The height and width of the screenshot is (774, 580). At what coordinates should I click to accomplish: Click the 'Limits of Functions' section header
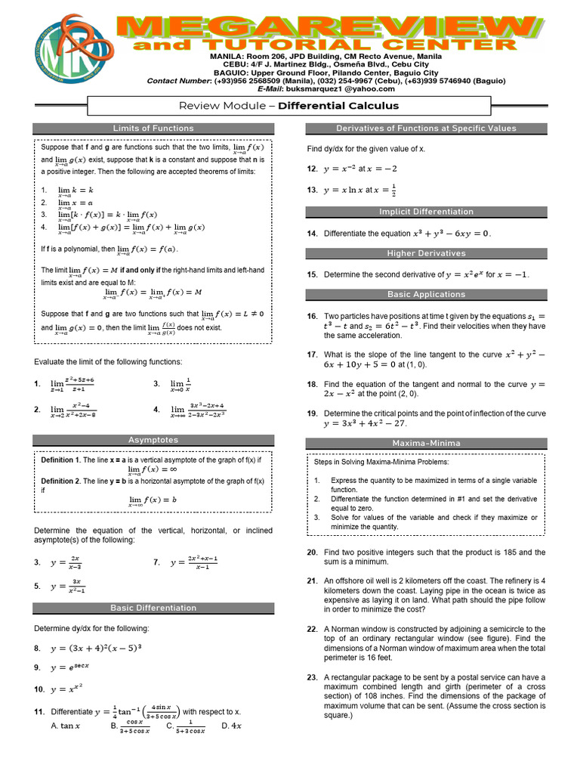[x=153, y=128]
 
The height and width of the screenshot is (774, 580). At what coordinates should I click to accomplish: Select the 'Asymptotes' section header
[x=153, y=440]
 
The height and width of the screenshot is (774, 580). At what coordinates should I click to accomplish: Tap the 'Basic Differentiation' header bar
[x=153, y=608]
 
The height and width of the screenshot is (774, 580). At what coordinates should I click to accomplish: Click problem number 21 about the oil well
[x=312, y=580]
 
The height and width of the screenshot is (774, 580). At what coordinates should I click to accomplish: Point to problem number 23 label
[x=312, y=678]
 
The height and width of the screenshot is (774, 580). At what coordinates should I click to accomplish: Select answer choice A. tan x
[x=65, y=726]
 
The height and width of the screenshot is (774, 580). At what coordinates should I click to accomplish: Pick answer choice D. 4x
[x=231, y=726]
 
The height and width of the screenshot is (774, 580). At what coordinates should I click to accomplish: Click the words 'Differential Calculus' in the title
[x=338, y=106]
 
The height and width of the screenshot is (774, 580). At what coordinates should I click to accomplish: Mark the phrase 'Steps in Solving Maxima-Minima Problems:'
[x=381, y=462]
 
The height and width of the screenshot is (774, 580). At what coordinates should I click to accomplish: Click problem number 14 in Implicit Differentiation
[x=312, y=234]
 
